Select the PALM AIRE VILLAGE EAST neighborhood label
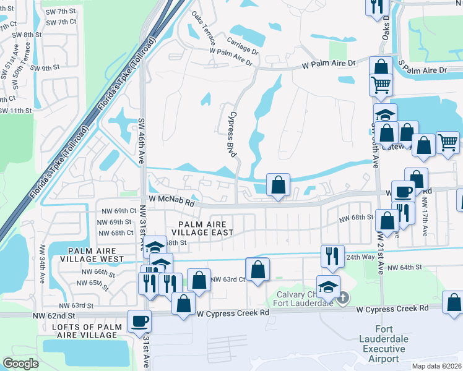click(x=206, y=228)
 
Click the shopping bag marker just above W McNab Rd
click(x=278, y=184)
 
